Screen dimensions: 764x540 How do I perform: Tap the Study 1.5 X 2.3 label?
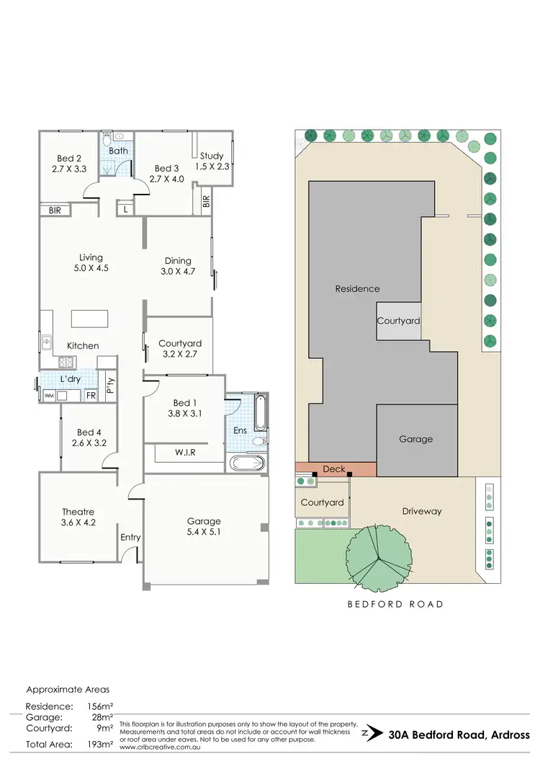(x=212, y=161)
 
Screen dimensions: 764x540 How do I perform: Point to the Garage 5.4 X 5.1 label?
(x=204, y=526)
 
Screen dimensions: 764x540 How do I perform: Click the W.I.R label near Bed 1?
(x=185, y=453)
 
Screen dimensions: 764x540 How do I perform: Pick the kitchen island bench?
(x=89, y=319)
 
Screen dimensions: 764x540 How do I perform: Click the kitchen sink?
(x=46, y=340)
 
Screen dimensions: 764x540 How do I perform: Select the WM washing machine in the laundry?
(x=49, y=396)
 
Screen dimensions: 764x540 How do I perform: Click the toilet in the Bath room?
(x=107, y=136)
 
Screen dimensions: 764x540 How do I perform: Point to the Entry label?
(x=130, y=537)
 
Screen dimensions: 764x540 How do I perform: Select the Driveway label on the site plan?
(x=421, y=511)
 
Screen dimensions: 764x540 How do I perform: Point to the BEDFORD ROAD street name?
(x=395, y=604)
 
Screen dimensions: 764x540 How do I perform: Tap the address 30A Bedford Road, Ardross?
(x=459, y=736)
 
